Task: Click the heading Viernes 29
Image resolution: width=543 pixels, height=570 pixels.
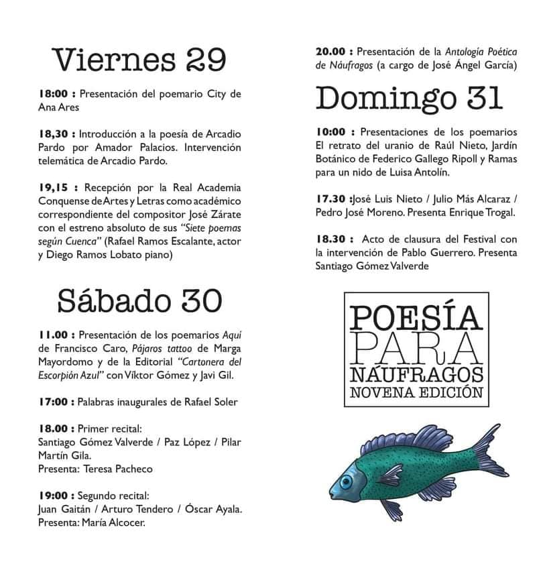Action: pos(139,60)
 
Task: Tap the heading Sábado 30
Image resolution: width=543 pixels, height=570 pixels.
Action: pos(139,300)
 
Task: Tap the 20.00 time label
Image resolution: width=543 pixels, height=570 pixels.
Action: pos(331,51)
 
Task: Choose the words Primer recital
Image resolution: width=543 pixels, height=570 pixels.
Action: pos(111,428)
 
